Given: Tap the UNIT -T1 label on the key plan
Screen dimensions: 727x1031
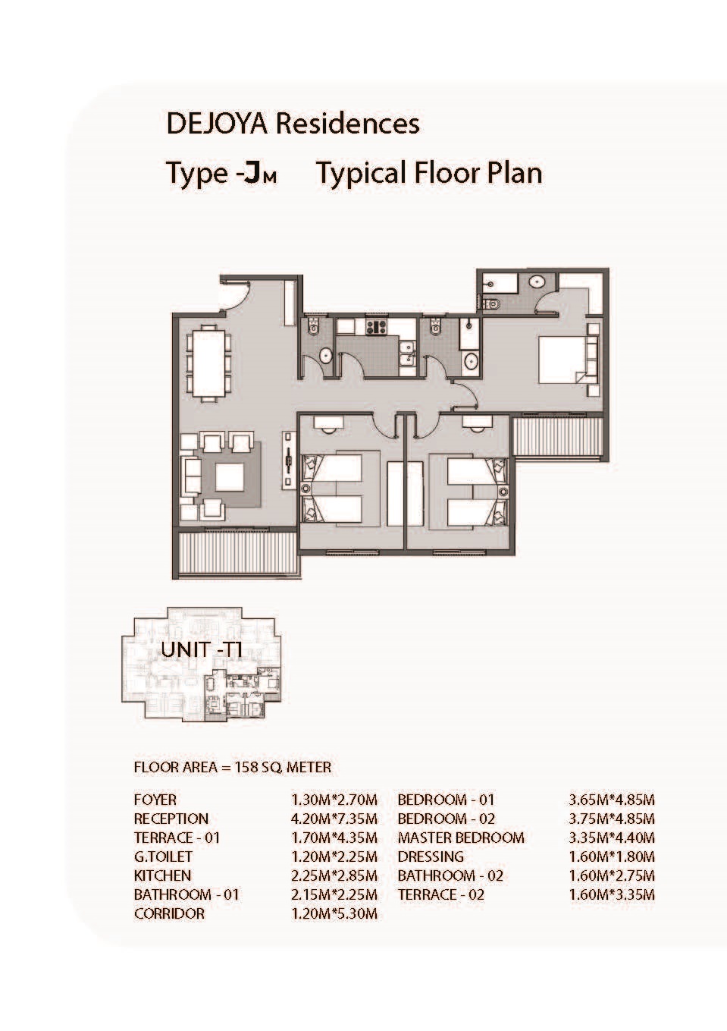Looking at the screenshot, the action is coord(202,650).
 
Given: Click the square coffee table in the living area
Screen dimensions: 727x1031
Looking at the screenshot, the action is coord(230,476).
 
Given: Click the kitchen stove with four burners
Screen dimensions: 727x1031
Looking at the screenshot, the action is coord(377,327).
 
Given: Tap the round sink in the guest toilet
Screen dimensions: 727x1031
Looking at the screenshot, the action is coord(326,355).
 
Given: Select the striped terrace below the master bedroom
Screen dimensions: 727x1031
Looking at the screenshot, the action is coord(558,436).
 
